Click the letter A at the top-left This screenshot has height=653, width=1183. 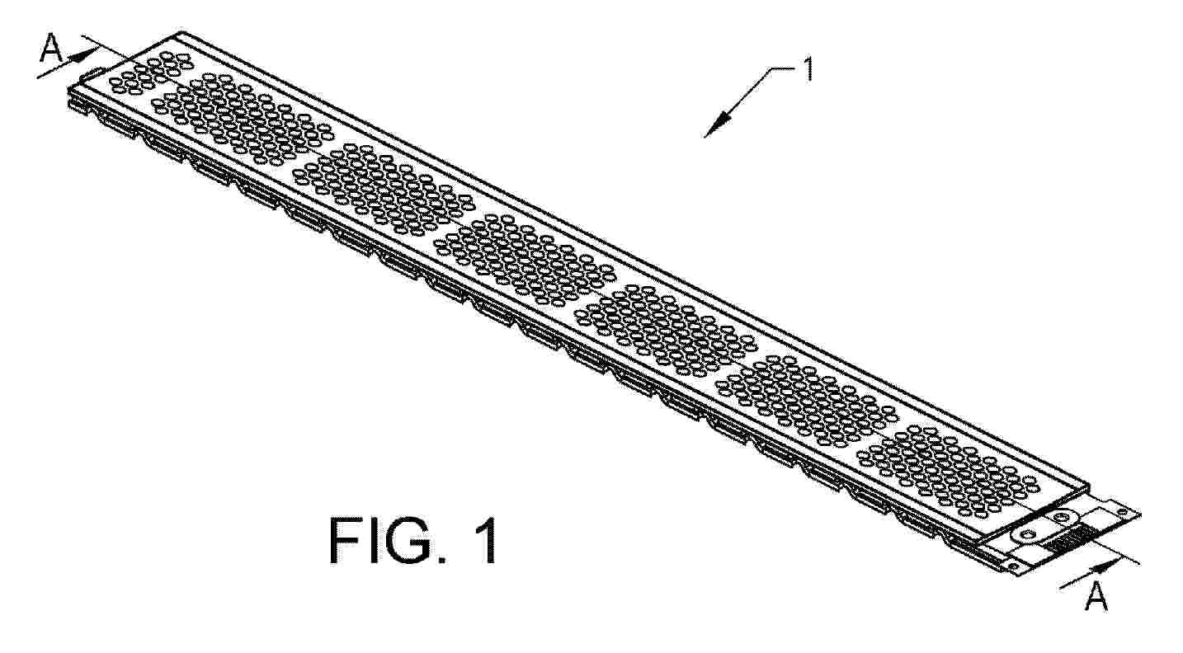pyautogui.click(x=51, y=48)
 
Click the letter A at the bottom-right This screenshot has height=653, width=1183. pyautogui.click(x=1096, y=597)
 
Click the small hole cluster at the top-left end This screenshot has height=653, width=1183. pyautogui.click(x=151, y=73)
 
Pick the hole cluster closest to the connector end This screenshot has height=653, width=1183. pyautogui.click(x=946, y=471)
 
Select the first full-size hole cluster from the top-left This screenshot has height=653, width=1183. pyautogui.click(x=243, y=118)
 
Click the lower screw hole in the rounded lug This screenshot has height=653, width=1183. pyautogui.click(x=1027, y=535)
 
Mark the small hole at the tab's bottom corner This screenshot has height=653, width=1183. pyautogui.click(x=1013, y=566)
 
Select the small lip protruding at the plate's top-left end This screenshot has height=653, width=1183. pyautogui.click(x=91, y=74)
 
